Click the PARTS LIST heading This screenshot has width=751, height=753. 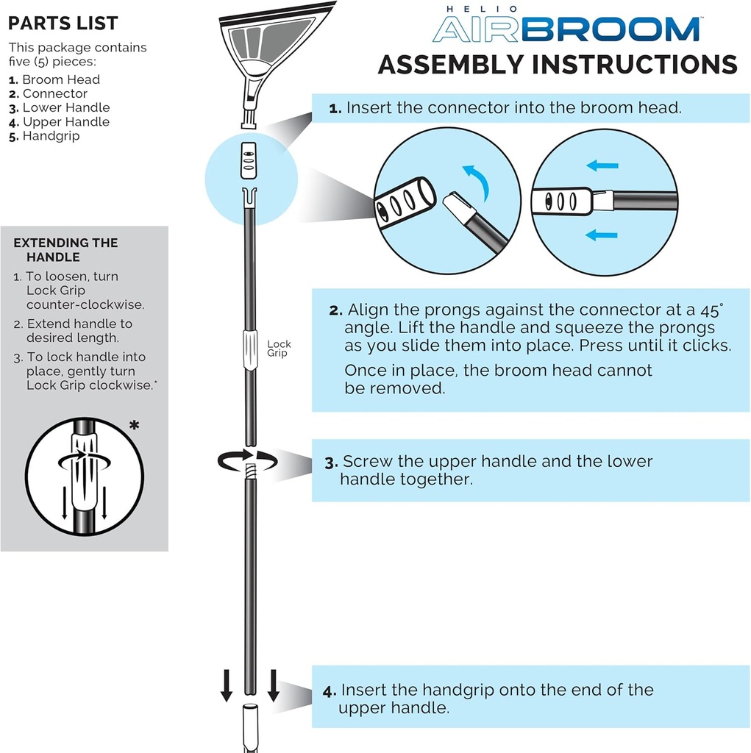point(63,23)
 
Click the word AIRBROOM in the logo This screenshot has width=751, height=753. point(566,29)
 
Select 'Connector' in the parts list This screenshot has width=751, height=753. point(54,93)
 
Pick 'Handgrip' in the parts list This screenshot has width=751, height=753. point(51,136)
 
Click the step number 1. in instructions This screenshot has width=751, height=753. point(335,108)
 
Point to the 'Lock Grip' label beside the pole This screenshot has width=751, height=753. point(279,349)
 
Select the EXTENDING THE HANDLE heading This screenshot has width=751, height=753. point(65,250)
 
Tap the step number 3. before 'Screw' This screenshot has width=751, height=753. point(331,463)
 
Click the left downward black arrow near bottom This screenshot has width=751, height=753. point(227,685)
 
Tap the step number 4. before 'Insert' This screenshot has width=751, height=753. point(330,691)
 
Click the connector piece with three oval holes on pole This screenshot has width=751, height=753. point(249,157)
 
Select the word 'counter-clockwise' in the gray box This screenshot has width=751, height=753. point(85,304)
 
